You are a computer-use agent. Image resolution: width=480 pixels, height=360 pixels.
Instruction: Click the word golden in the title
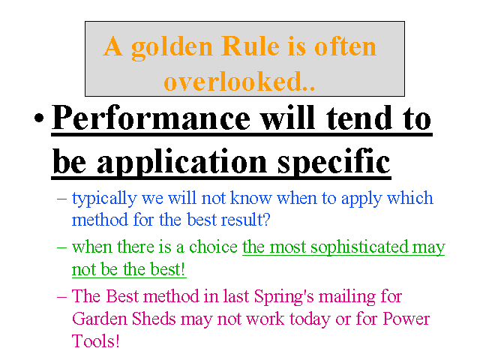[172, 48]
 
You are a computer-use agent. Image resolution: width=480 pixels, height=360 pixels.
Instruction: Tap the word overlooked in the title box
[239, 81]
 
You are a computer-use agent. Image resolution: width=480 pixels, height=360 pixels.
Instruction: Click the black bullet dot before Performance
[39, 118]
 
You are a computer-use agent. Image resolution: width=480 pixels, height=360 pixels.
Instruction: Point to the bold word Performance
[151, 118]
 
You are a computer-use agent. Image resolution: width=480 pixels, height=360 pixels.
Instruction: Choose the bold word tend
[358, 118]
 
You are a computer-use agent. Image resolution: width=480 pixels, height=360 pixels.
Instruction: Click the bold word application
[182, 162]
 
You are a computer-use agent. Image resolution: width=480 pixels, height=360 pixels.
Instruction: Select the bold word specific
[334, 162]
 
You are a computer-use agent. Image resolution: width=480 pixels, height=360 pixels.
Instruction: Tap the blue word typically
[104, 199]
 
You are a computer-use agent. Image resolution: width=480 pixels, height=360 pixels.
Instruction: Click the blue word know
[251, 197]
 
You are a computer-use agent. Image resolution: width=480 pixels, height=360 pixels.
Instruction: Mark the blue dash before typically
[61, 198]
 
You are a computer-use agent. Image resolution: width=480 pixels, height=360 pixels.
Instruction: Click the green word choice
[213, 247]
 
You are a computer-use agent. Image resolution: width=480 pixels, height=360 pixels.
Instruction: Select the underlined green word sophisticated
[359, 247]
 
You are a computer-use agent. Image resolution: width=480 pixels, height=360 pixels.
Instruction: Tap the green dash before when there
[61, 247]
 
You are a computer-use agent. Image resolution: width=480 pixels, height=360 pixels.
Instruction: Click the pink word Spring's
[283, 297]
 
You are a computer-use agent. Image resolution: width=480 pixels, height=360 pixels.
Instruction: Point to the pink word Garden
[100, 319]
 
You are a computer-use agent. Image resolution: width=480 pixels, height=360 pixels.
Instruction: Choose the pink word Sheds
[154, 319]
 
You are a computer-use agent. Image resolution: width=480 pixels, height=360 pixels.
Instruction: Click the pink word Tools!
[95, 341]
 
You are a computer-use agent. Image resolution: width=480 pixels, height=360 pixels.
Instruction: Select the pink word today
[310, 319]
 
